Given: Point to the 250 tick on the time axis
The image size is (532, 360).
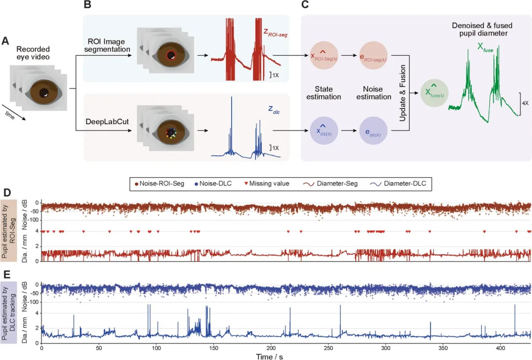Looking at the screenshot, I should [x=328, y=348].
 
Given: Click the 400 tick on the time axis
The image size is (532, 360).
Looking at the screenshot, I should [x=500, y=348].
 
